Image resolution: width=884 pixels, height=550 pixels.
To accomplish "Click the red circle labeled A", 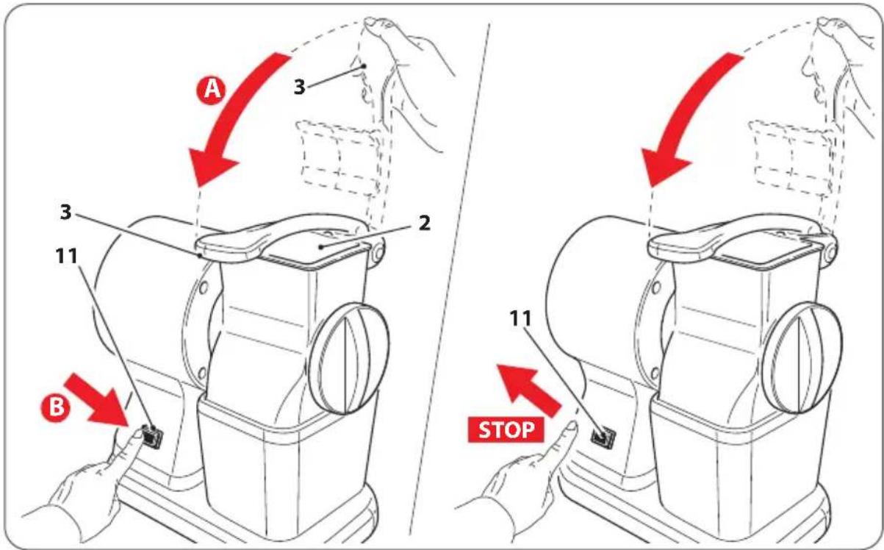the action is click(211, 90).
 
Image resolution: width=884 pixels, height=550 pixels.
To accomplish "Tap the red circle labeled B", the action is click(56, 407).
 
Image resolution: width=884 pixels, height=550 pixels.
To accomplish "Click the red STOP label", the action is click(506, 429).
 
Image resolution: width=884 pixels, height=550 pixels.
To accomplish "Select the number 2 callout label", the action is click(424, 223).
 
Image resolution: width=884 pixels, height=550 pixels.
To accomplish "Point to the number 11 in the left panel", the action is click(67, 256).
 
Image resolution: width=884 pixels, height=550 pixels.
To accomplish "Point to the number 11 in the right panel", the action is click(520, 318).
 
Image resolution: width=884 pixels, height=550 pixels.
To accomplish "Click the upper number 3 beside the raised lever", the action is click(300, 87).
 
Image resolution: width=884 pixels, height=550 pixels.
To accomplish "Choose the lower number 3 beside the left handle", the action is click(65, 212).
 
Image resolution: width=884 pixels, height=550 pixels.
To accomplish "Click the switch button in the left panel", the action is click(152, 437).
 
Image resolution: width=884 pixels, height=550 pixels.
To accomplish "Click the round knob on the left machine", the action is click(349, 359).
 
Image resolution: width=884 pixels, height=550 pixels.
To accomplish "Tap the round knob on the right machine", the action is click(802, 359).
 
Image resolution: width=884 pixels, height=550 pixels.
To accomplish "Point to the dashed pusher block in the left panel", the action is click(339, 158).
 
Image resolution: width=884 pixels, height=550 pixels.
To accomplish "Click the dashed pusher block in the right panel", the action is click(792, 158).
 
